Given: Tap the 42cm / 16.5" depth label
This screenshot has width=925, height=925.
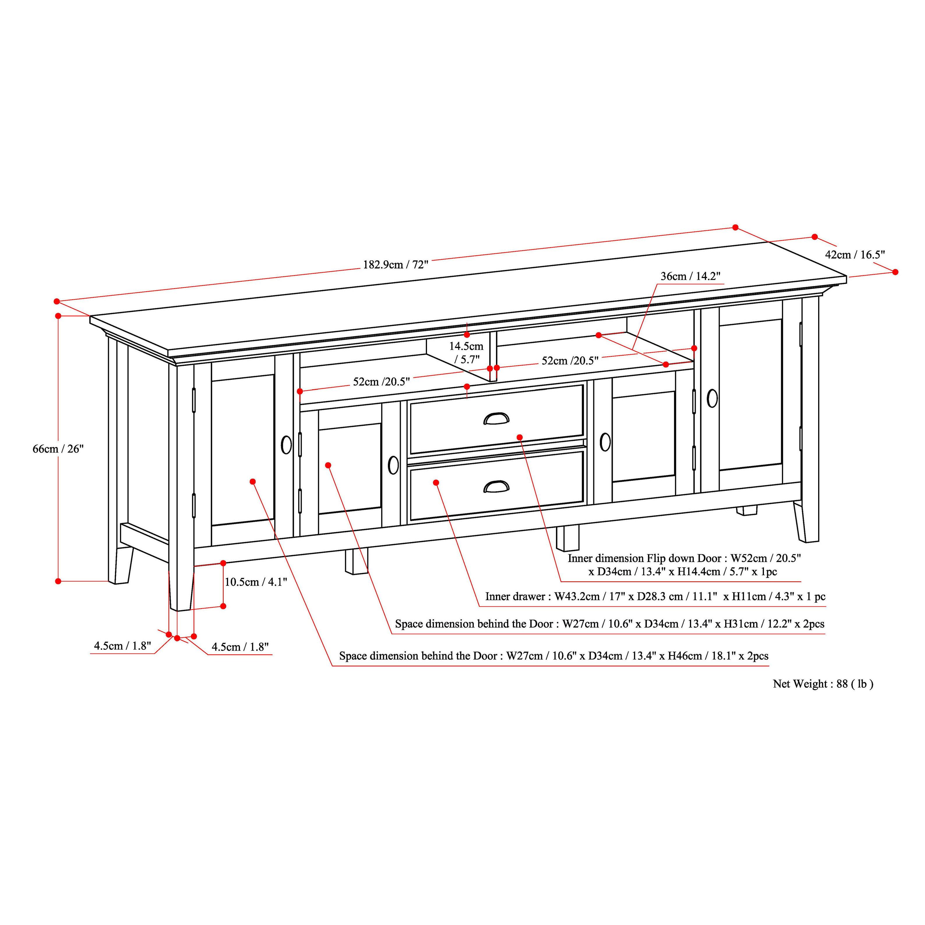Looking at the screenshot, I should [855, 255].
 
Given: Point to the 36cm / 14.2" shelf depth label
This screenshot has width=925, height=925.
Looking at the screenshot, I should [690, 276].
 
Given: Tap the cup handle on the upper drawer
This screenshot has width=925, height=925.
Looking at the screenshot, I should [496, 419].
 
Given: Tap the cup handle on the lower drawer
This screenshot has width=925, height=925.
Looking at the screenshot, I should [496, 486].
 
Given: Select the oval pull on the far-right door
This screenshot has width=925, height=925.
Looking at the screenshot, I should [712, 398].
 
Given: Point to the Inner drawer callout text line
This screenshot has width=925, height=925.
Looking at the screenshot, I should [655, 596].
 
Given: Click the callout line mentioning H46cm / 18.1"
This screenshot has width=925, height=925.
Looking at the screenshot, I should [553, 656].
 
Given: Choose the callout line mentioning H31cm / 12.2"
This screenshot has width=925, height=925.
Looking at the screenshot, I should [609, 624].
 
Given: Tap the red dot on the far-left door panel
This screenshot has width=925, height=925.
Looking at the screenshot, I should [253, 481].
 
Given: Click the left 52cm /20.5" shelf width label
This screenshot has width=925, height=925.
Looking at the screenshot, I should [382, 382].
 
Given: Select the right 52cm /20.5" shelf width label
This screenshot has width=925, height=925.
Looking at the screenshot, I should [570, 361].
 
